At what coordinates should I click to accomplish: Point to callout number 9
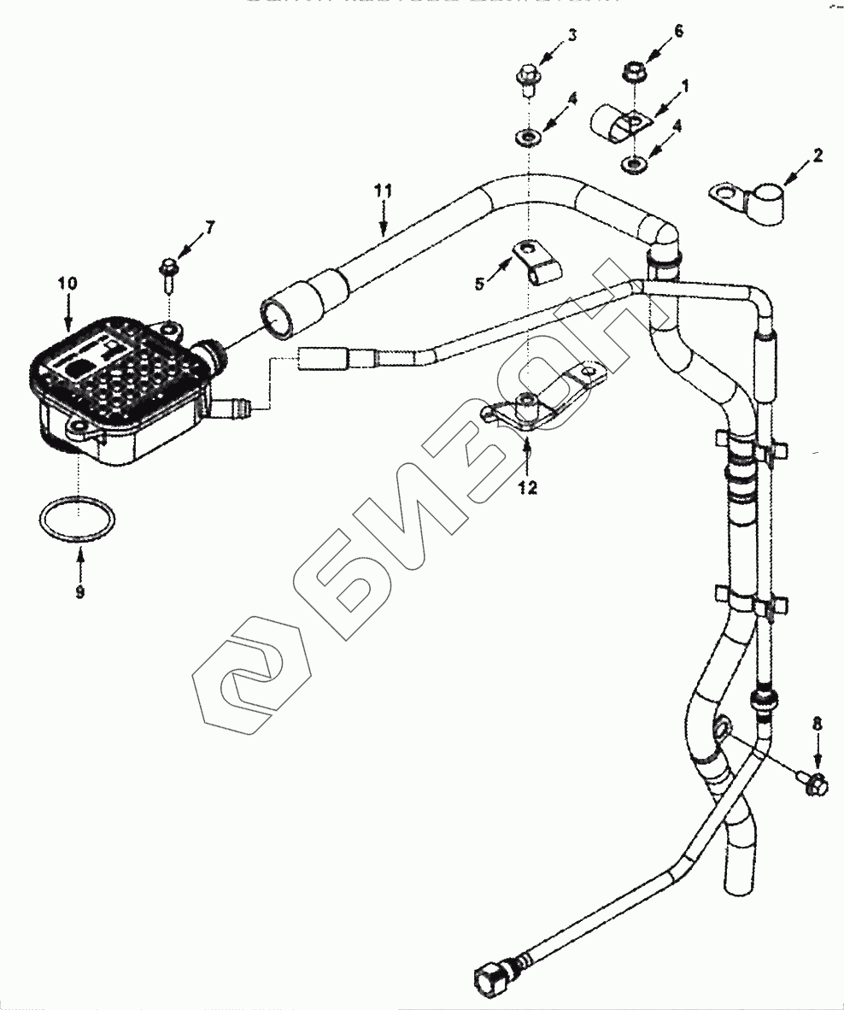pos(79,591)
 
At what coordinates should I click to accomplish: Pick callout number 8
pos(818,723)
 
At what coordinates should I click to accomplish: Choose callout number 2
pos(818,156)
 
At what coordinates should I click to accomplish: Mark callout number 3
pos(572,35)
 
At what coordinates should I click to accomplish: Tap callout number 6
pos(679,31)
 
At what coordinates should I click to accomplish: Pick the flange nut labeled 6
pos(633,68)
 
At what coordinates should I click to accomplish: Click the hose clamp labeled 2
pos(752,203)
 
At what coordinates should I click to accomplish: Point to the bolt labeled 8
pos(812,779)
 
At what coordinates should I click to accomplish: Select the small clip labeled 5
pos(536,261)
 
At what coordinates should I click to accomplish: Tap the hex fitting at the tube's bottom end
pos(490,975)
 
